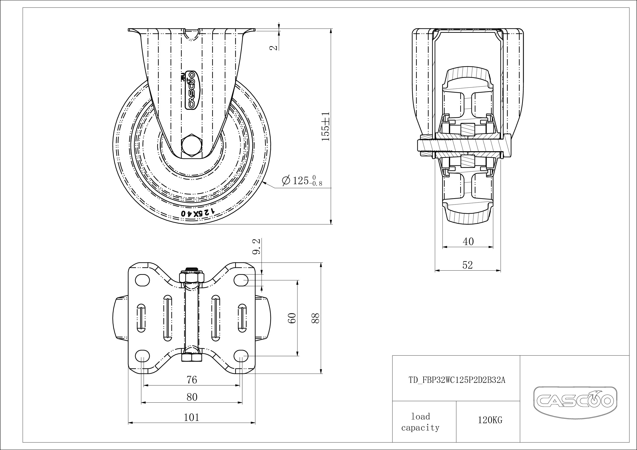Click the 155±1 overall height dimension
326,127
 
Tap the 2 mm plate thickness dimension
274,47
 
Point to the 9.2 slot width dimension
257,246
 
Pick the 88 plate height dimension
316,318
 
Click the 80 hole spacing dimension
192,397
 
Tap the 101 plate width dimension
191,417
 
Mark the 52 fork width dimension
467,265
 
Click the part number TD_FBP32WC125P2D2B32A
457,380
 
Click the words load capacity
420,422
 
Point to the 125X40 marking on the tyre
198,213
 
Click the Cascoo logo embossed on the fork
191,90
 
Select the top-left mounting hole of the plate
142,280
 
